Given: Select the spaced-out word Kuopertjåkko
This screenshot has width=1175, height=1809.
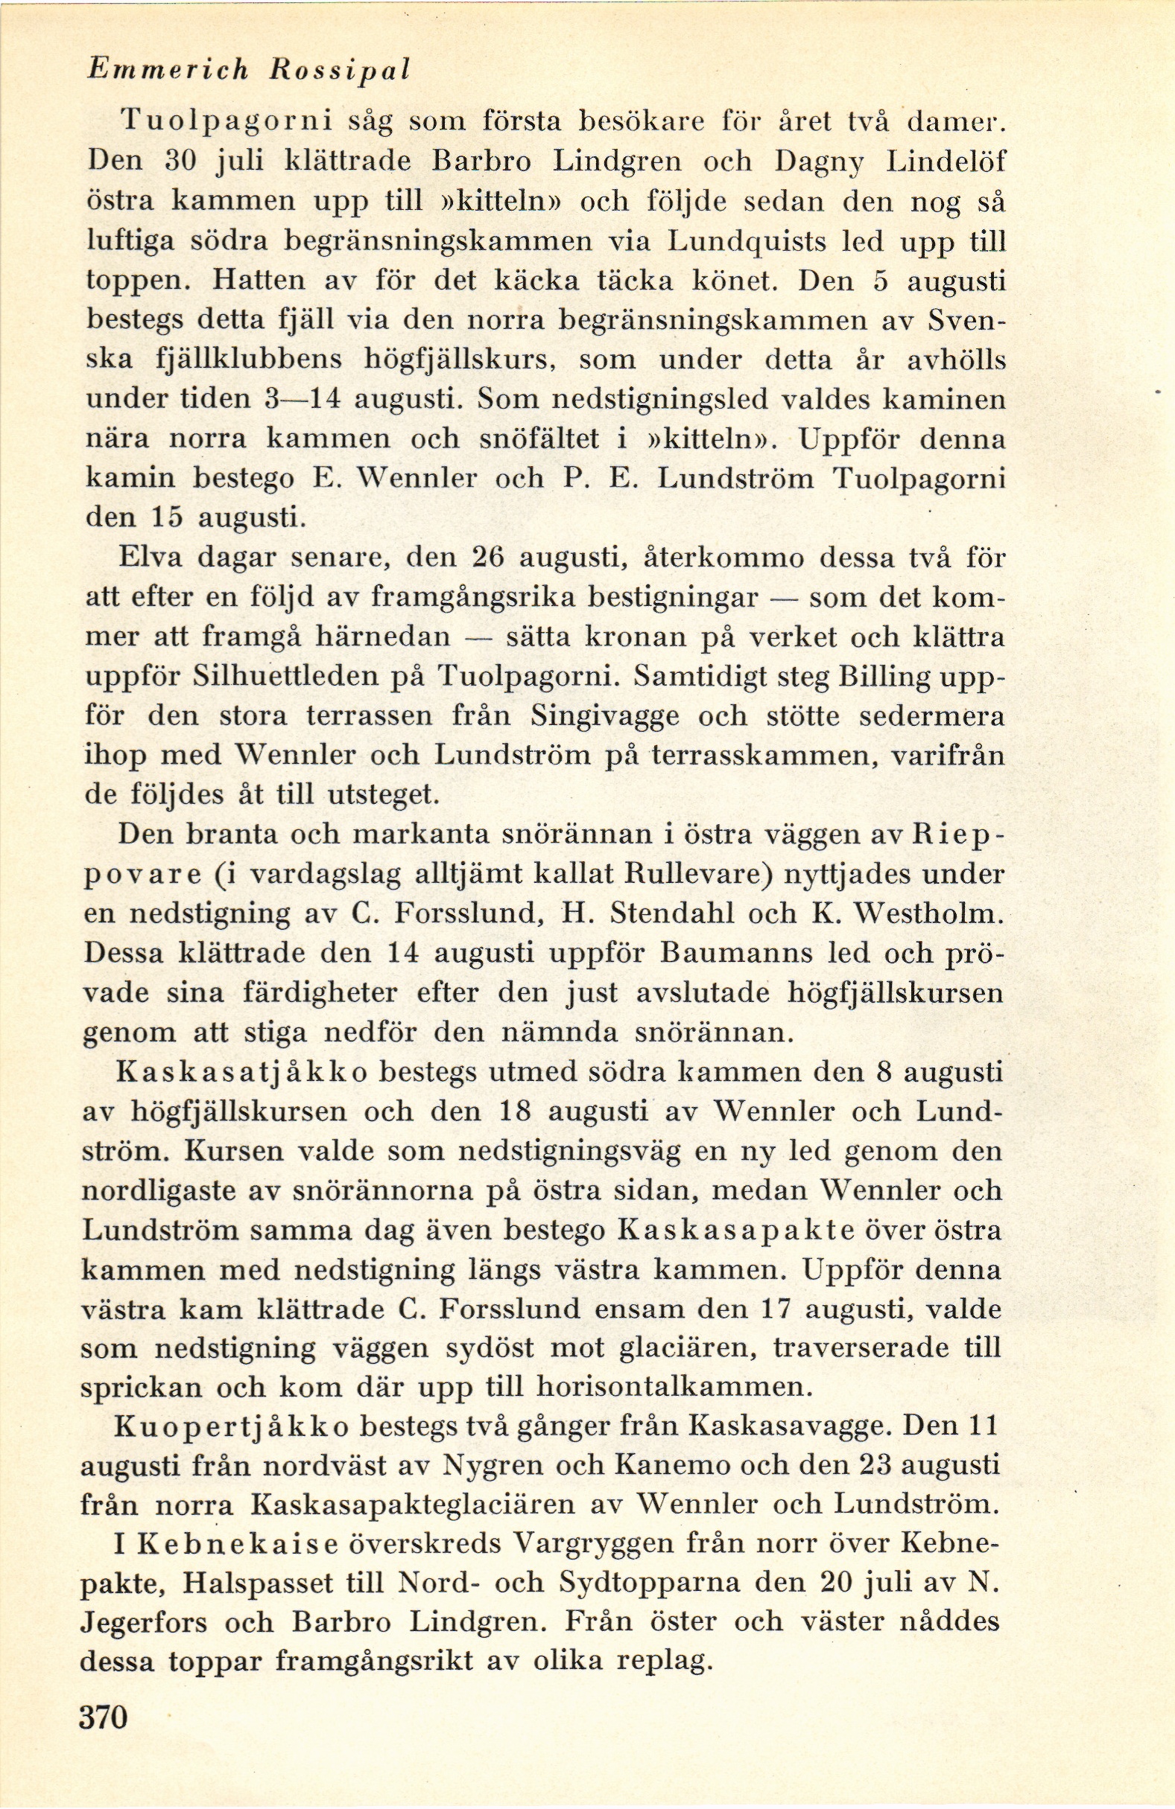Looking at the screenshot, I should pos(231,1426).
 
